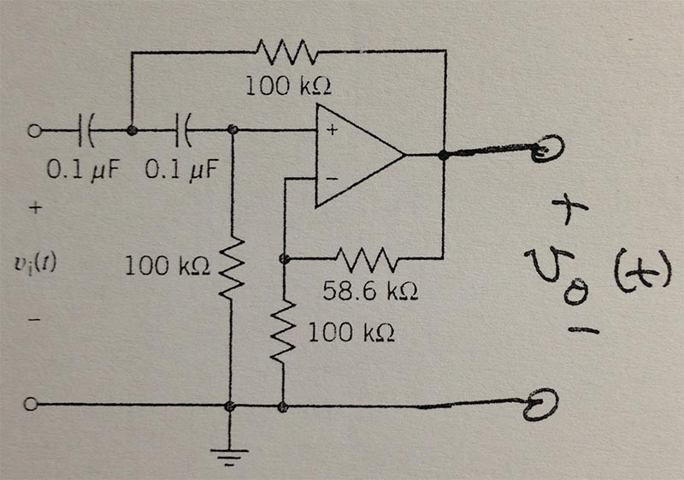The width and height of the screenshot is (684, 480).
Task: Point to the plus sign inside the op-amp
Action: [x=329, y=132]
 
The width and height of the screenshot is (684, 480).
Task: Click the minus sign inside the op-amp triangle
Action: [x=329, y=181]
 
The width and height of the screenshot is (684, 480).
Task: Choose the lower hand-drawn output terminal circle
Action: [x=544, y=400]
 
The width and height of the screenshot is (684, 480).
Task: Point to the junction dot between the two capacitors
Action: [x=132, y=131]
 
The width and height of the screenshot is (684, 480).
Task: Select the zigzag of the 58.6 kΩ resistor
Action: [x=366, y=256]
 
